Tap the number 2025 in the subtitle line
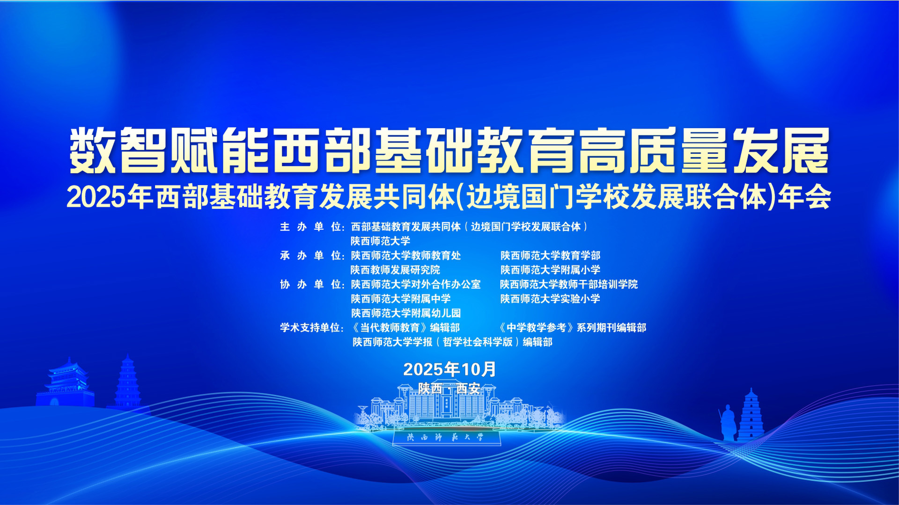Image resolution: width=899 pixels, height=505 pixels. pos(96,198)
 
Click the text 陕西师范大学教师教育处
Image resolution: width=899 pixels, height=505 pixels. pos(406,256)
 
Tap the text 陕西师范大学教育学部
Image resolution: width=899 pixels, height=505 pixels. pos(550,256)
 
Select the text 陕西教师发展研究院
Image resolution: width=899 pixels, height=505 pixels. pos(396,270)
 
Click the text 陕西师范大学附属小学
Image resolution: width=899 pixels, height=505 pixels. pos(550,270)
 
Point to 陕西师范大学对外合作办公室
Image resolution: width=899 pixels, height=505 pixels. pos(416,284)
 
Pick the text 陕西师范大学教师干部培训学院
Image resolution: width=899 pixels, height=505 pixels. pos(569,284)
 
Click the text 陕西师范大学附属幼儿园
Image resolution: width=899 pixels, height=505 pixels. pos(406,313)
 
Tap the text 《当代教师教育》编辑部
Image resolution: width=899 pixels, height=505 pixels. pos(406,328)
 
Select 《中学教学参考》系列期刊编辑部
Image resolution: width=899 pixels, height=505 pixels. pos(573,328)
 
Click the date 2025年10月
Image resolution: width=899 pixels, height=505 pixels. pos(449,369)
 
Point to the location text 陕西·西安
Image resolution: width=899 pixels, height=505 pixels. pos(449,389)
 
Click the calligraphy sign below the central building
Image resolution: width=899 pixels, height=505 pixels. pos(446,438)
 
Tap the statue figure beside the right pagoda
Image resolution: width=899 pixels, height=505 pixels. pos(728,423)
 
